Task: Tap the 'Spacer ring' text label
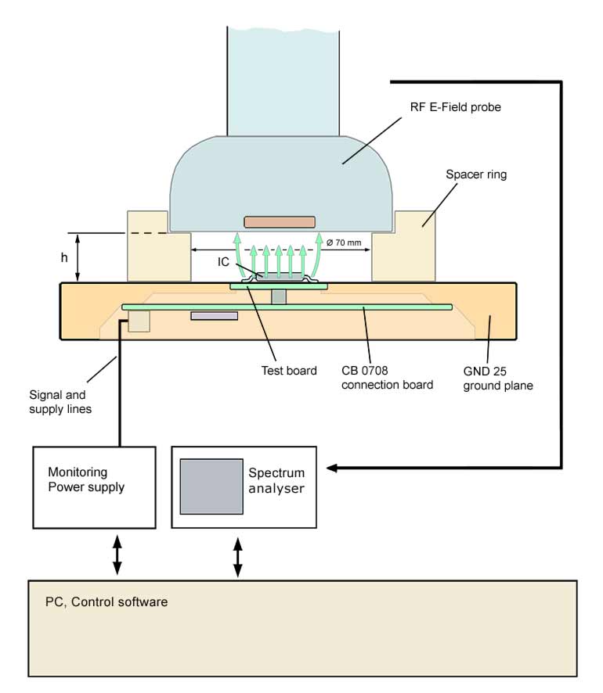click(476, 174)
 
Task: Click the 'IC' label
click(223, 261)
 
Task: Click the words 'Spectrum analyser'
click(276, 480)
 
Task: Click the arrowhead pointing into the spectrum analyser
click(332, 468)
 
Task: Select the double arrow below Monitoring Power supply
click(117, 555)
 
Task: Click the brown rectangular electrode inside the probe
click(280, 222)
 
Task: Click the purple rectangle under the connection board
click(214, 316)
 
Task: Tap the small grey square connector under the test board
click(280, 297)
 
